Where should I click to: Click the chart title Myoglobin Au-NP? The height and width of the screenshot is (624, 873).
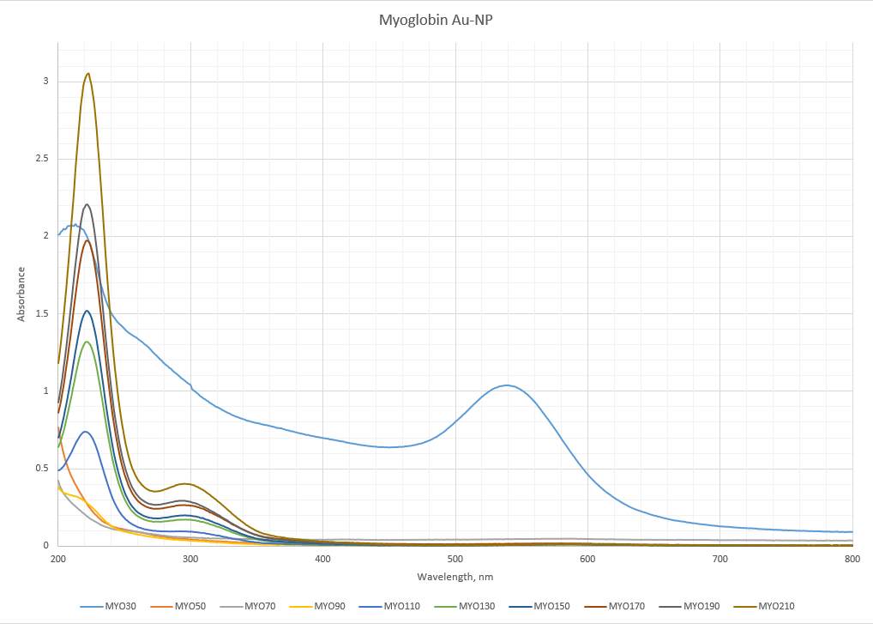[436, 20]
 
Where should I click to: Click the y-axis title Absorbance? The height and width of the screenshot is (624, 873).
[21, 294]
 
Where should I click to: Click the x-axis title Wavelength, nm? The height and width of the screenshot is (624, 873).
[455, 577]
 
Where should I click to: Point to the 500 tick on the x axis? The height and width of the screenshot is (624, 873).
[455, 559]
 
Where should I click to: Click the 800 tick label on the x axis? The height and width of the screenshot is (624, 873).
[852, 559]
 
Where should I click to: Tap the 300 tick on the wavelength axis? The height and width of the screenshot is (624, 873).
[190, 559]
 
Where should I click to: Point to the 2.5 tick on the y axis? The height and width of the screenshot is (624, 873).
[40, 159]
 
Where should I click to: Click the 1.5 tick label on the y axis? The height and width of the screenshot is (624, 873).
[40, 314]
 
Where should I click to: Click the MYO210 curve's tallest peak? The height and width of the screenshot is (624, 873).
[87, 74]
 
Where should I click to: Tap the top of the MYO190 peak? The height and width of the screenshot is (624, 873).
[87, 204]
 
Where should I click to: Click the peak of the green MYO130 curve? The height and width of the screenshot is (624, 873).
[87, 342]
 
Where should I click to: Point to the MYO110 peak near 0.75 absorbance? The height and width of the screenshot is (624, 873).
[86, 432]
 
